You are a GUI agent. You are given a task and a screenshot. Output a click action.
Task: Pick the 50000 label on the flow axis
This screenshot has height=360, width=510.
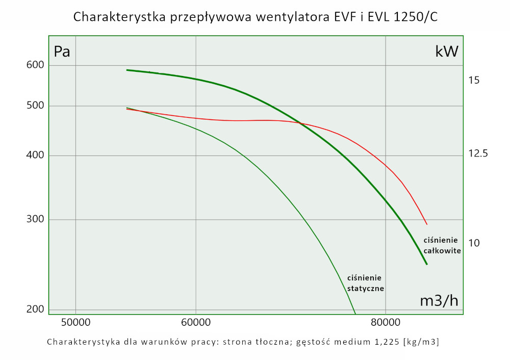75,322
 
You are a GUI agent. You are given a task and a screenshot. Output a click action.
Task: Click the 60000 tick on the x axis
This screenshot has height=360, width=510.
196,322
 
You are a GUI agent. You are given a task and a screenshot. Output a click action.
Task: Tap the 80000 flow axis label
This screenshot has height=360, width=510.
385,322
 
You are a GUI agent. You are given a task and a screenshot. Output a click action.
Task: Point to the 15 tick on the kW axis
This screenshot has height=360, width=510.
474,80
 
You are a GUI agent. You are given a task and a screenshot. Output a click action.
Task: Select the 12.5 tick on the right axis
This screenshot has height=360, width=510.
478,153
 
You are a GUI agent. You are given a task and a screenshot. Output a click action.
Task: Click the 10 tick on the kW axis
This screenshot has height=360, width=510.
474,243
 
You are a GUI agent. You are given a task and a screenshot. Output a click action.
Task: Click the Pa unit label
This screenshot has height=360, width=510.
62,52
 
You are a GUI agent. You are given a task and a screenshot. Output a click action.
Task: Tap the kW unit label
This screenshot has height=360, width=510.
447,52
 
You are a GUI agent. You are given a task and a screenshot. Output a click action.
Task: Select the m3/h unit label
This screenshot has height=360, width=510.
439,301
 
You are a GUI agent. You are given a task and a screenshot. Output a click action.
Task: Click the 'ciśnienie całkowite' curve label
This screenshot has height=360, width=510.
442,245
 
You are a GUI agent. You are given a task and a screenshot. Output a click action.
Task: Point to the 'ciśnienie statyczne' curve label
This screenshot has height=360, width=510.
365,283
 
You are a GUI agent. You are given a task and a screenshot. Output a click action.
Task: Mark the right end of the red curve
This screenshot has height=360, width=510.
427,224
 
